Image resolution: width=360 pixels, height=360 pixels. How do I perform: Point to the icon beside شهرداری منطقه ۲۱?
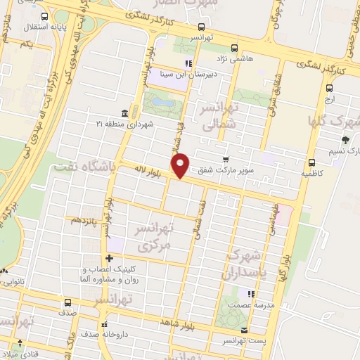[124, 113]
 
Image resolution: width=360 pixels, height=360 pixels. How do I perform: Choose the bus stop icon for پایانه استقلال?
[45, 17]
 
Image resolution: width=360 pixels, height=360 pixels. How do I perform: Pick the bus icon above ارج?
[330, 88]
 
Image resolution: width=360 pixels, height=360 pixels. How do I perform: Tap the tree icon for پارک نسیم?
[345, 139]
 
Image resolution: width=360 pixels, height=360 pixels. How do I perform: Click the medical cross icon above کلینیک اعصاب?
[108, 258]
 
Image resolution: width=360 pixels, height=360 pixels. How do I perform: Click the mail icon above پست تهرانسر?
[243, 330]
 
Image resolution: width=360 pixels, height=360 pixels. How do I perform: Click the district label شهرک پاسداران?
[245, 265]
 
